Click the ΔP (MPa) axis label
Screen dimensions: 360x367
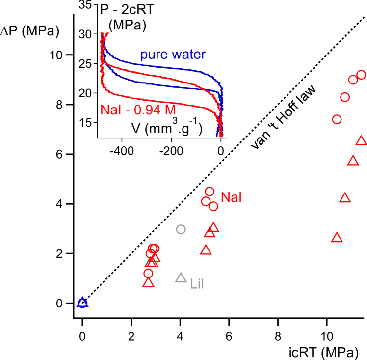[x=30, y=32]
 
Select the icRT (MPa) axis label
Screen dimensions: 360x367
[x=322, y=352]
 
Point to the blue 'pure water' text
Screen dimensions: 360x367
[x=173, y=55]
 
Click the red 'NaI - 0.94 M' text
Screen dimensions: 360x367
[x=138, y=110]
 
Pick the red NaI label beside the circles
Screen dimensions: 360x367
[x=232, y=197]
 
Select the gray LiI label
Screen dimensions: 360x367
[x=197, y=283]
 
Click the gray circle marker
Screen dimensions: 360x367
[x=181, y=229]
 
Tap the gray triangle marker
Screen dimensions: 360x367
[x=181, y=278]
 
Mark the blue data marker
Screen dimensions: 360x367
[x=82, y=303]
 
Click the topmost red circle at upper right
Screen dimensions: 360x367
[x=361, y=75]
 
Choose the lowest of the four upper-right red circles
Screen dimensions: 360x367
[x=337, y=119]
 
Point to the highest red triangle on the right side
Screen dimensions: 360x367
[x=361, y=140]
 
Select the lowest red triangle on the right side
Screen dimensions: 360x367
[x=336, y=238]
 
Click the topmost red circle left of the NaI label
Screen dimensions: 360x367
[x=210, y=192]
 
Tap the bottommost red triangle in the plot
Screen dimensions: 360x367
[x=148, y=282]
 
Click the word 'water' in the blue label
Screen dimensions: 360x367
[x=189, y=55]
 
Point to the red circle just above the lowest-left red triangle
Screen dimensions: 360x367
[x=148, y=273]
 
